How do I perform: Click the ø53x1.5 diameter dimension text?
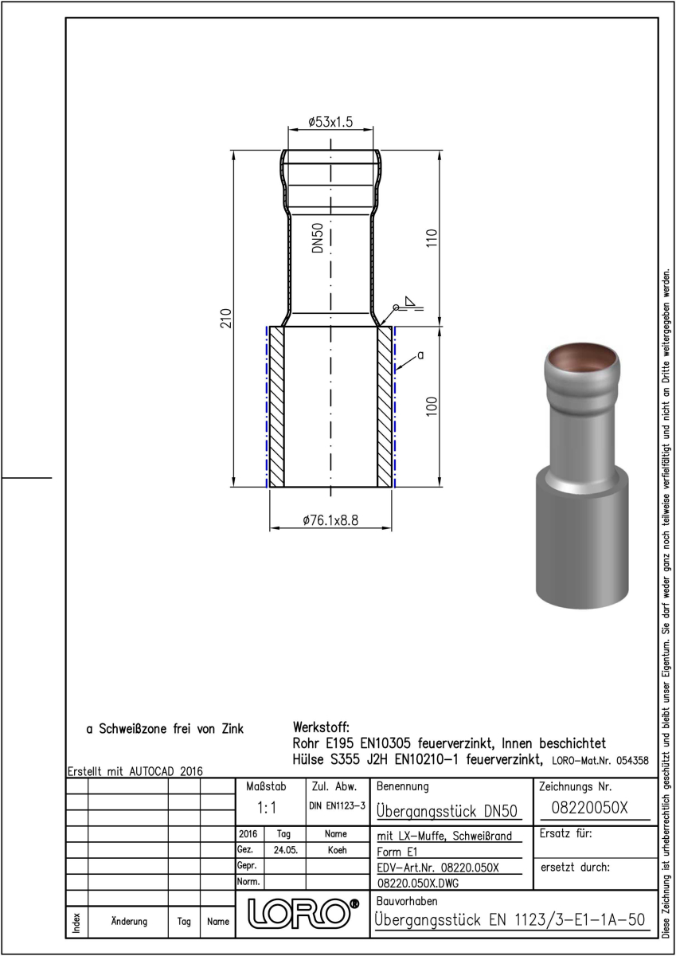[330, 122]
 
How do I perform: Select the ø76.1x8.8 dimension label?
[330, 520]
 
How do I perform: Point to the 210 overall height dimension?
[225, 318]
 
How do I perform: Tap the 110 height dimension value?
[432, 237]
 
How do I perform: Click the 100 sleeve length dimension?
[432, 406]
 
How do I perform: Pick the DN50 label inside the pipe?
[318, 237]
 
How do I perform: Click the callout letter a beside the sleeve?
[420, 355]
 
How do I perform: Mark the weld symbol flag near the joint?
[410, 301]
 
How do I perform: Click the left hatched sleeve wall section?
[277, 407]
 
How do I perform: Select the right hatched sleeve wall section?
[385, 407]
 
